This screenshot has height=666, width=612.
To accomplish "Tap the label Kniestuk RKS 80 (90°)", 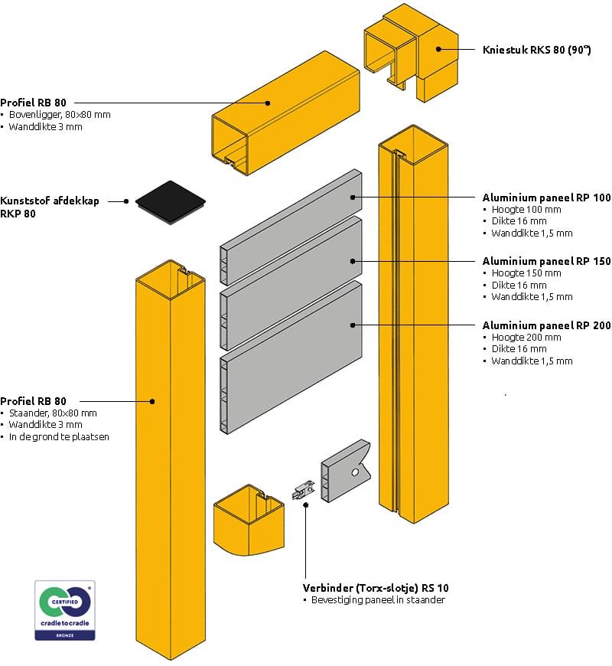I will point(537,50).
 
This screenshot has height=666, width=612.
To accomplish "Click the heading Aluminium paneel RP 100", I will point(546,198).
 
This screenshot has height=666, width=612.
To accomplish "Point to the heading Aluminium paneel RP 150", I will point(546,261).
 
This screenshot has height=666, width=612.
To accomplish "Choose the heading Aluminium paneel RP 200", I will point(546,325).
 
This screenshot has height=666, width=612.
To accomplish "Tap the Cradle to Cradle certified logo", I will point(65,610).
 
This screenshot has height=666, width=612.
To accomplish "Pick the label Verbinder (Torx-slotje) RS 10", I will point(376,588).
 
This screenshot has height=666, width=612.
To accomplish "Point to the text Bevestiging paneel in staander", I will point(378,600).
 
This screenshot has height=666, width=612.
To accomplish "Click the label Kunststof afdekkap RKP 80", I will point(50,207).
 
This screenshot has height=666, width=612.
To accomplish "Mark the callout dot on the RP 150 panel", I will point(353,261).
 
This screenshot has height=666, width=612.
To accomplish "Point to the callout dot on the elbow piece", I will point(438,50).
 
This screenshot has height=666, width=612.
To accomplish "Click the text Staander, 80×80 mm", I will point(53,413).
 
